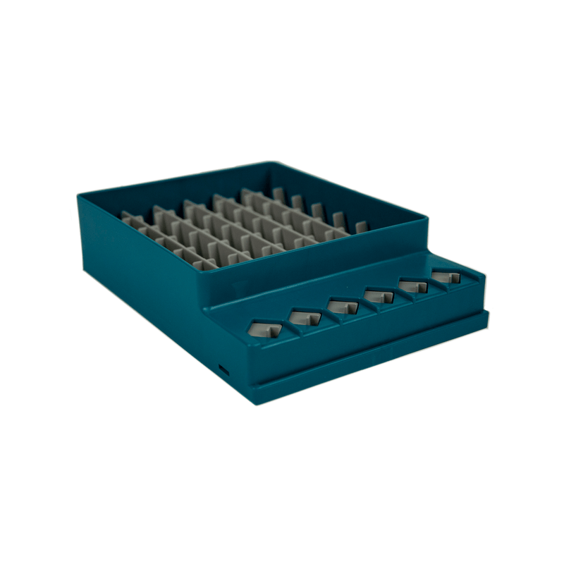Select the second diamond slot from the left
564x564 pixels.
tap(305, 317)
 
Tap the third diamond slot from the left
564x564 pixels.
tap(343, 306)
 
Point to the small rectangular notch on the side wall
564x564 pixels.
tap(223, 369)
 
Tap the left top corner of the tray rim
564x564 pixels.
tap(79, 195)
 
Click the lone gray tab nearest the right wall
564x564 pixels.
tap(362, 227)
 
